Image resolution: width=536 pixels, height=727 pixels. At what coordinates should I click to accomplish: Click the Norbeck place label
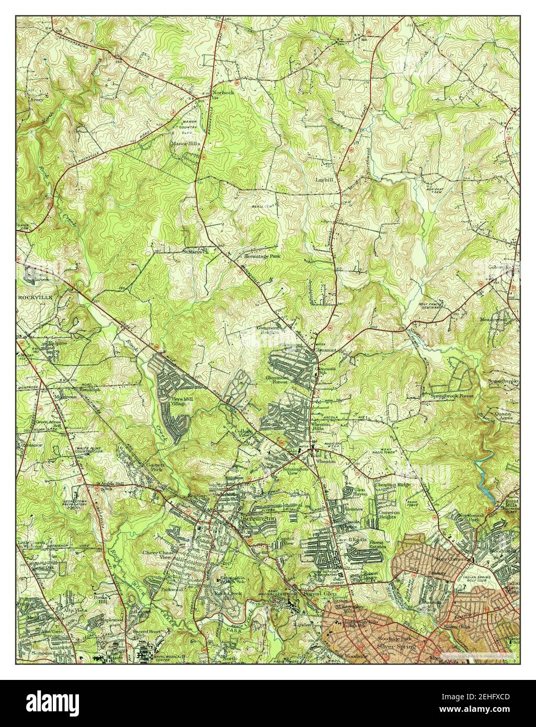pos(224,92)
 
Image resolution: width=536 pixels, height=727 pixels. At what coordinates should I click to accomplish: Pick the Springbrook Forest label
pos(452,396)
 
